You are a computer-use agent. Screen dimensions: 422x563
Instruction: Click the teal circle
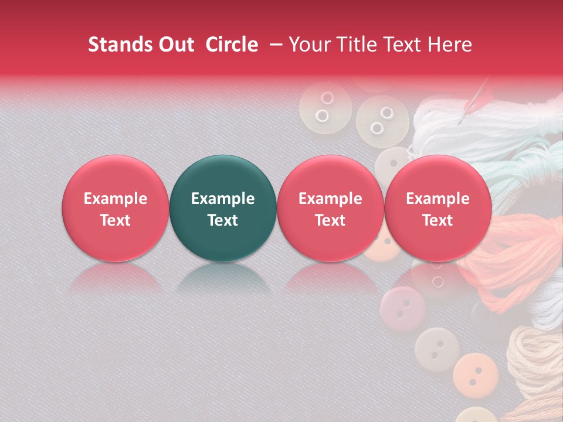(222, 208)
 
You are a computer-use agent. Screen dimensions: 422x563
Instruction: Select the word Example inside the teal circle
(222, 199)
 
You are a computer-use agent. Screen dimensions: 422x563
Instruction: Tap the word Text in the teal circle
(222, 220)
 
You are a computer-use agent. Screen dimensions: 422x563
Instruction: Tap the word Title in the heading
(359, 45)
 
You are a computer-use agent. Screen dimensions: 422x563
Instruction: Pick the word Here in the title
(450, 45)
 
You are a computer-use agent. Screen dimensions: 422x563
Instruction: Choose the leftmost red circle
(115, 208)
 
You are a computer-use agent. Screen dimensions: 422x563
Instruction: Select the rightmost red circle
(437, 208)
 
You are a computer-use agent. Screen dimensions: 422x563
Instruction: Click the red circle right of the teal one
(330, 208)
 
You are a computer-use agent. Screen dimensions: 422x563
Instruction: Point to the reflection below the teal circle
(222, 278)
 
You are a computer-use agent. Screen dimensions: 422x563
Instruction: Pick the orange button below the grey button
(474, 371)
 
